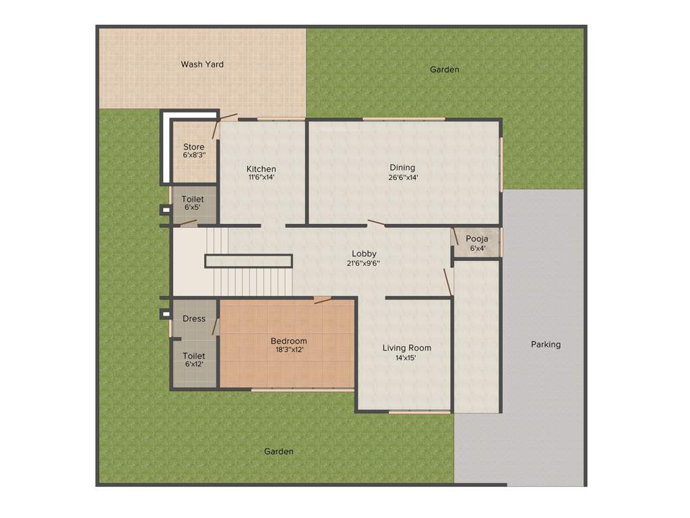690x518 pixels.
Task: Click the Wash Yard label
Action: pos(202,65)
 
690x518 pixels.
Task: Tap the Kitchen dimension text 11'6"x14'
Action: pos(261,177)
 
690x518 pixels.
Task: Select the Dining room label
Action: pos(402,167)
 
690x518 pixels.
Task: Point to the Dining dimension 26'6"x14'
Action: pos(403,177)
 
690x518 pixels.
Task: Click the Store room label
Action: pos(193,147)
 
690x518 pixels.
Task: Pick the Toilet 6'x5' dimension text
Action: pos(193,208)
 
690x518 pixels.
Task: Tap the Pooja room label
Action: pos(476,239)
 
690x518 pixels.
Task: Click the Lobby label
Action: pos(364,254)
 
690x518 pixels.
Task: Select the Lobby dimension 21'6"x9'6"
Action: pos(364,264)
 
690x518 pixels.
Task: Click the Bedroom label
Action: pos(288,341)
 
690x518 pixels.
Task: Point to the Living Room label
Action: pos(406,348)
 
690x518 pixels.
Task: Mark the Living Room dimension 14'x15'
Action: pos(406,358)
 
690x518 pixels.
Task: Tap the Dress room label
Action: pos(194,318)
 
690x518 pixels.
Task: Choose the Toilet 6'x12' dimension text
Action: pos(194,364)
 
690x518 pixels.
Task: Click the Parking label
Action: pos(545,345)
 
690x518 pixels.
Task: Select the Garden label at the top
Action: pos(445,69)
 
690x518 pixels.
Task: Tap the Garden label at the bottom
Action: pos(278,451)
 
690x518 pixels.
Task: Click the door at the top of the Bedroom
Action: pos(323,299)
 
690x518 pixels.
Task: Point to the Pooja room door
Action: pos(456,237)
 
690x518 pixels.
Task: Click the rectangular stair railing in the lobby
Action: pos(249,261)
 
